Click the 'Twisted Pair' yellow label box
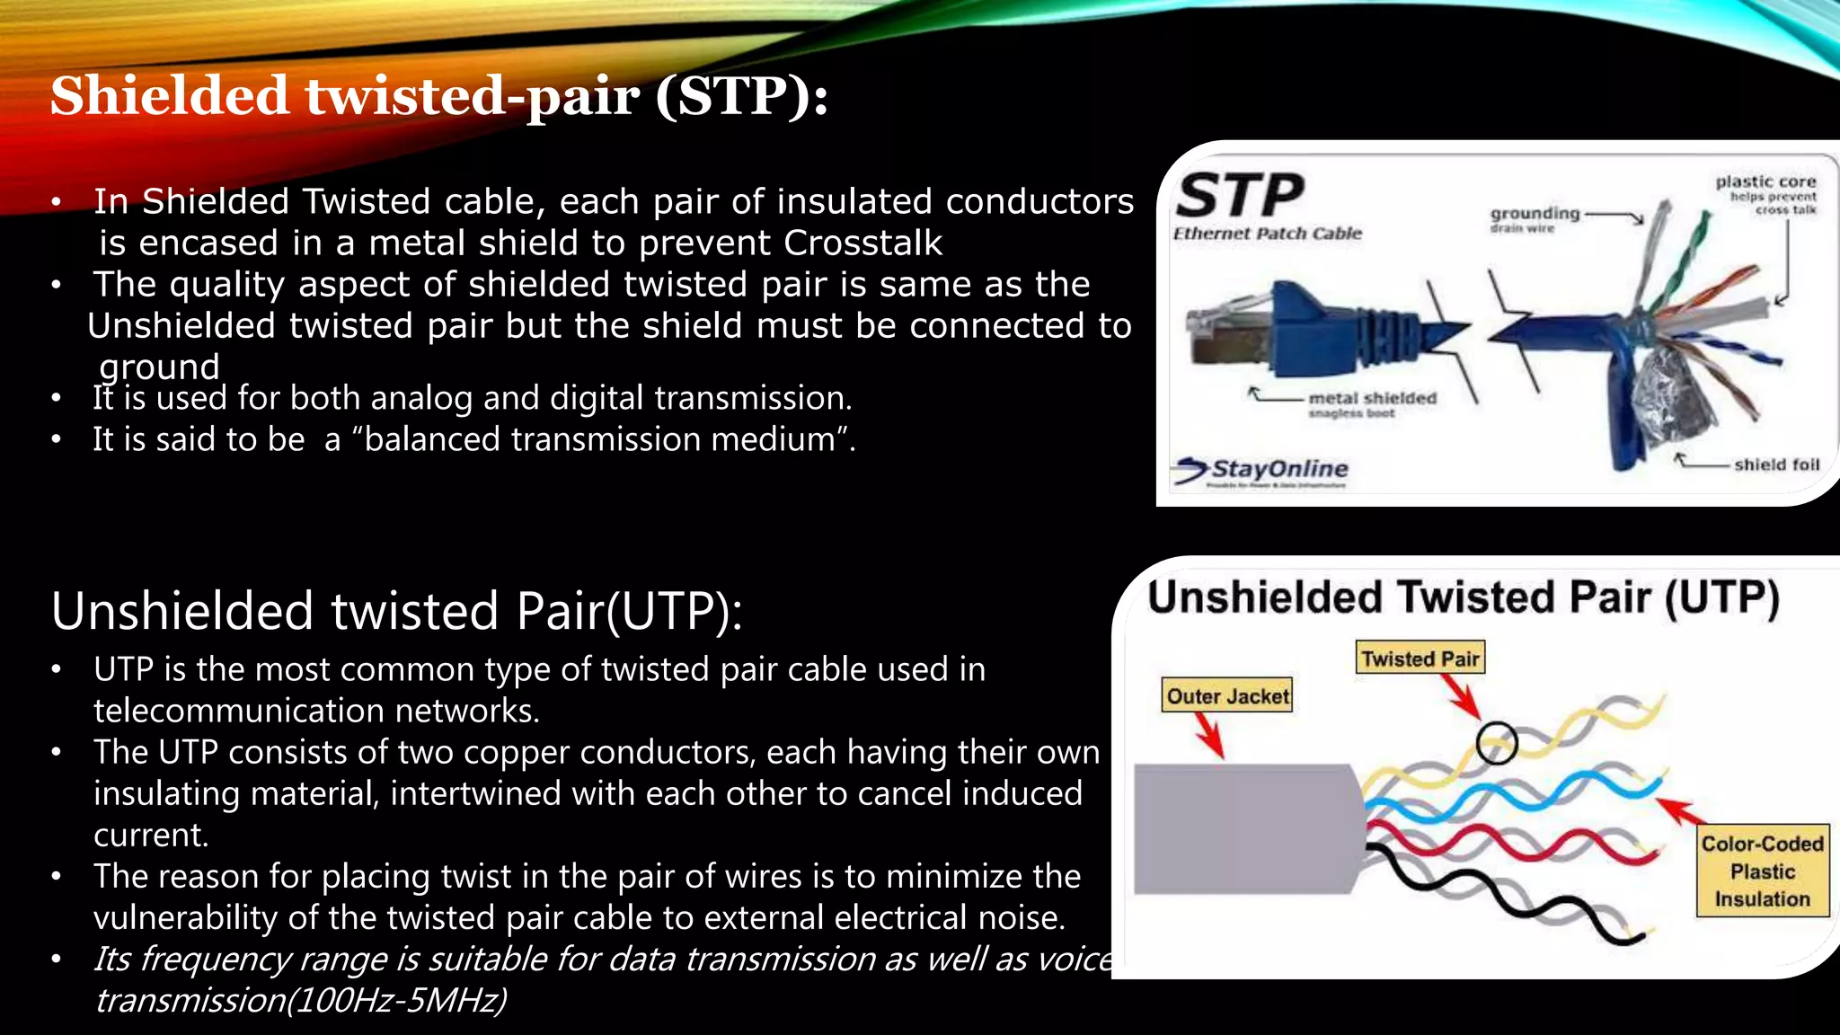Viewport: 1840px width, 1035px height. pyautogui.click(x=1420, y=658)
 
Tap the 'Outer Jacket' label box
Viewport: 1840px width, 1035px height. pyautogui.click(x=1227, y=695)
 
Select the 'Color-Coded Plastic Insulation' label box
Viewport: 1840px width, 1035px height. pyautogui.click(x=1762, y=871)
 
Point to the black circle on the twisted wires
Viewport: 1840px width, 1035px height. pyautogui.click(x=1496, y=743)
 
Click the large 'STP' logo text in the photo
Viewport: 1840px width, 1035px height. pyautogui.click(x=1240, y=196)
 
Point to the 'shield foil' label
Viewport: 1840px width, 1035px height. pyautogui.click(x=1776, y=464)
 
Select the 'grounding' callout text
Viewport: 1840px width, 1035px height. pyautogui.click(x=1535, y=214)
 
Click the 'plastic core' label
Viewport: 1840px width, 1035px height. pyautogui.click(x=1765, y=181)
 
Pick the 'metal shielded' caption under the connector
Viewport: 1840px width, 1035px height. pyautogui.click(x=1372, y=398)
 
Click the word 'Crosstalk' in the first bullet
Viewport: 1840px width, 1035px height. pyautogui.click(x=862, y=243)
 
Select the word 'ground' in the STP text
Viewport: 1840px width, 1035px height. pyautogui.click(x=159, y=366)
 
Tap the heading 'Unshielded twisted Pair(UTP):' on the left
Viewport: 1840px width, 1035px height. pyautogui.click(x=396, y=611)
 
